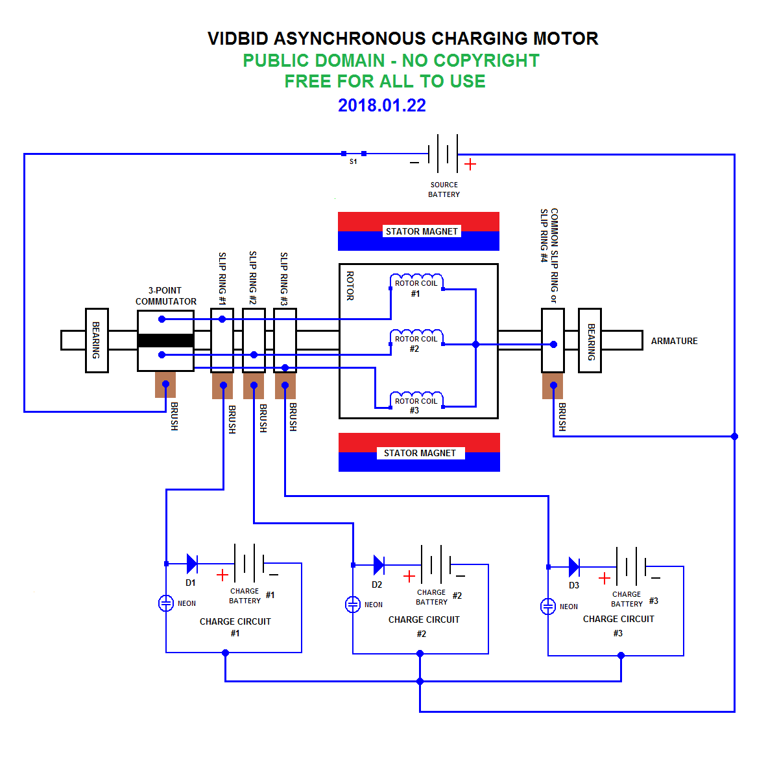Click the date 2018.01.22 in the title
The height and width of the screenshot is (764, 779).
381,106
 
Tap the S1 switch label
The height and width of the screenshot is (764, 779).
353,161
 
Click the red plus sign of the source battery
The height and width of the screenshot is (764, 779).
470,165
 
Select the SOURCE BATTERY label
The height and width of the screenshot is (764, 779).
444,189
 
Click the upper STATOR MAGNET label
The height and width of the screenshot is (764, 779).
421,231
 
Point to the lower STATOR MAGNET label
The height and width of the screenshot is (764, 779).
419,453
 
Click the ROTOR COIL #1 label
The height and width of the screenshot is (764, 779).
416,288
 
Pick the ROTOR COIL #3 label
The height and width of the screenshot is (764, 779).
416,405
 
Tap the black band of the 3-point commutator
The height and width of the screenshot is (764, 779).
165,340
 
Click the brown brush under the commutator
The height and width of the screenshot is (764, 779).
165,384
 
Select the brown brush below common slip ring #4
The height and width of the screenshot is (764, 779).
552,386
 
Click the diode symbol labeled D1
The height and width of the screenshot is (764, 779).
191,563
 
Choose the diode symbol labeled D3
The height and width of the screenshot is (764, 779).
573,566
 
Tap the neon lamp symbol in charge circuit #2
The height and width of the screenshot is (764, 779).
352,605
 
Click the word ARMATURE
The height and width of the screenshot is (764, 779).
674,341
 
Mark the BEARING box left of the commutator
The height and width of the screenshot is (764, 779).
97,340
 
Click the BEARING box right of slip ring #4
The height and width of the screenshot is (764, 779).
590,340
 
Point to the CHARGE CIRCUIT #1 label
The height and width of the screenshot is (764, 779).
235,627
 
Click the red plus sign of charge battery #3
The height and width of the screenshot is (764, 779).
604,578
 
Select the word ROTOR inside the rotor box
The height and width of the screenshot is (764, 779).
350,286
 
